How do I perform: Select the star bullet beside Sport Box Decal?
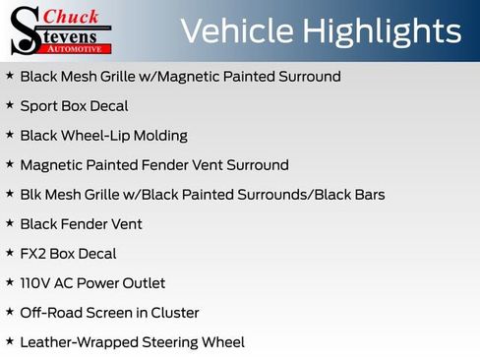(10, 104)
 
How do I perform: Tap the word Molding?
(163, 136)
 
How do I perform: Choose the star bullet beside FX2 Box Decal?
(10, 252)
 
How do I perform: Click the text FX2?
(33, 253)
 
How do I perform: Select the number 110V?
(36, 282)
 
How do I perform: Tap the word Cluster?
(174, 312)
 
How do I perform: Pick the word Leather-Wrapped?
(79, 342)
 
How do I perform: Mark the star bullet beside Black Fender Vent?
(10, 222)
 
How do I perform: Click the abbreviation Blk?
(31, 194)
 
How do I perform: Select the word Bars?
(368, 194)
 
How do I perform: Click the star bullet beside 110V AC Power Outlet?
(10, 281)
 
